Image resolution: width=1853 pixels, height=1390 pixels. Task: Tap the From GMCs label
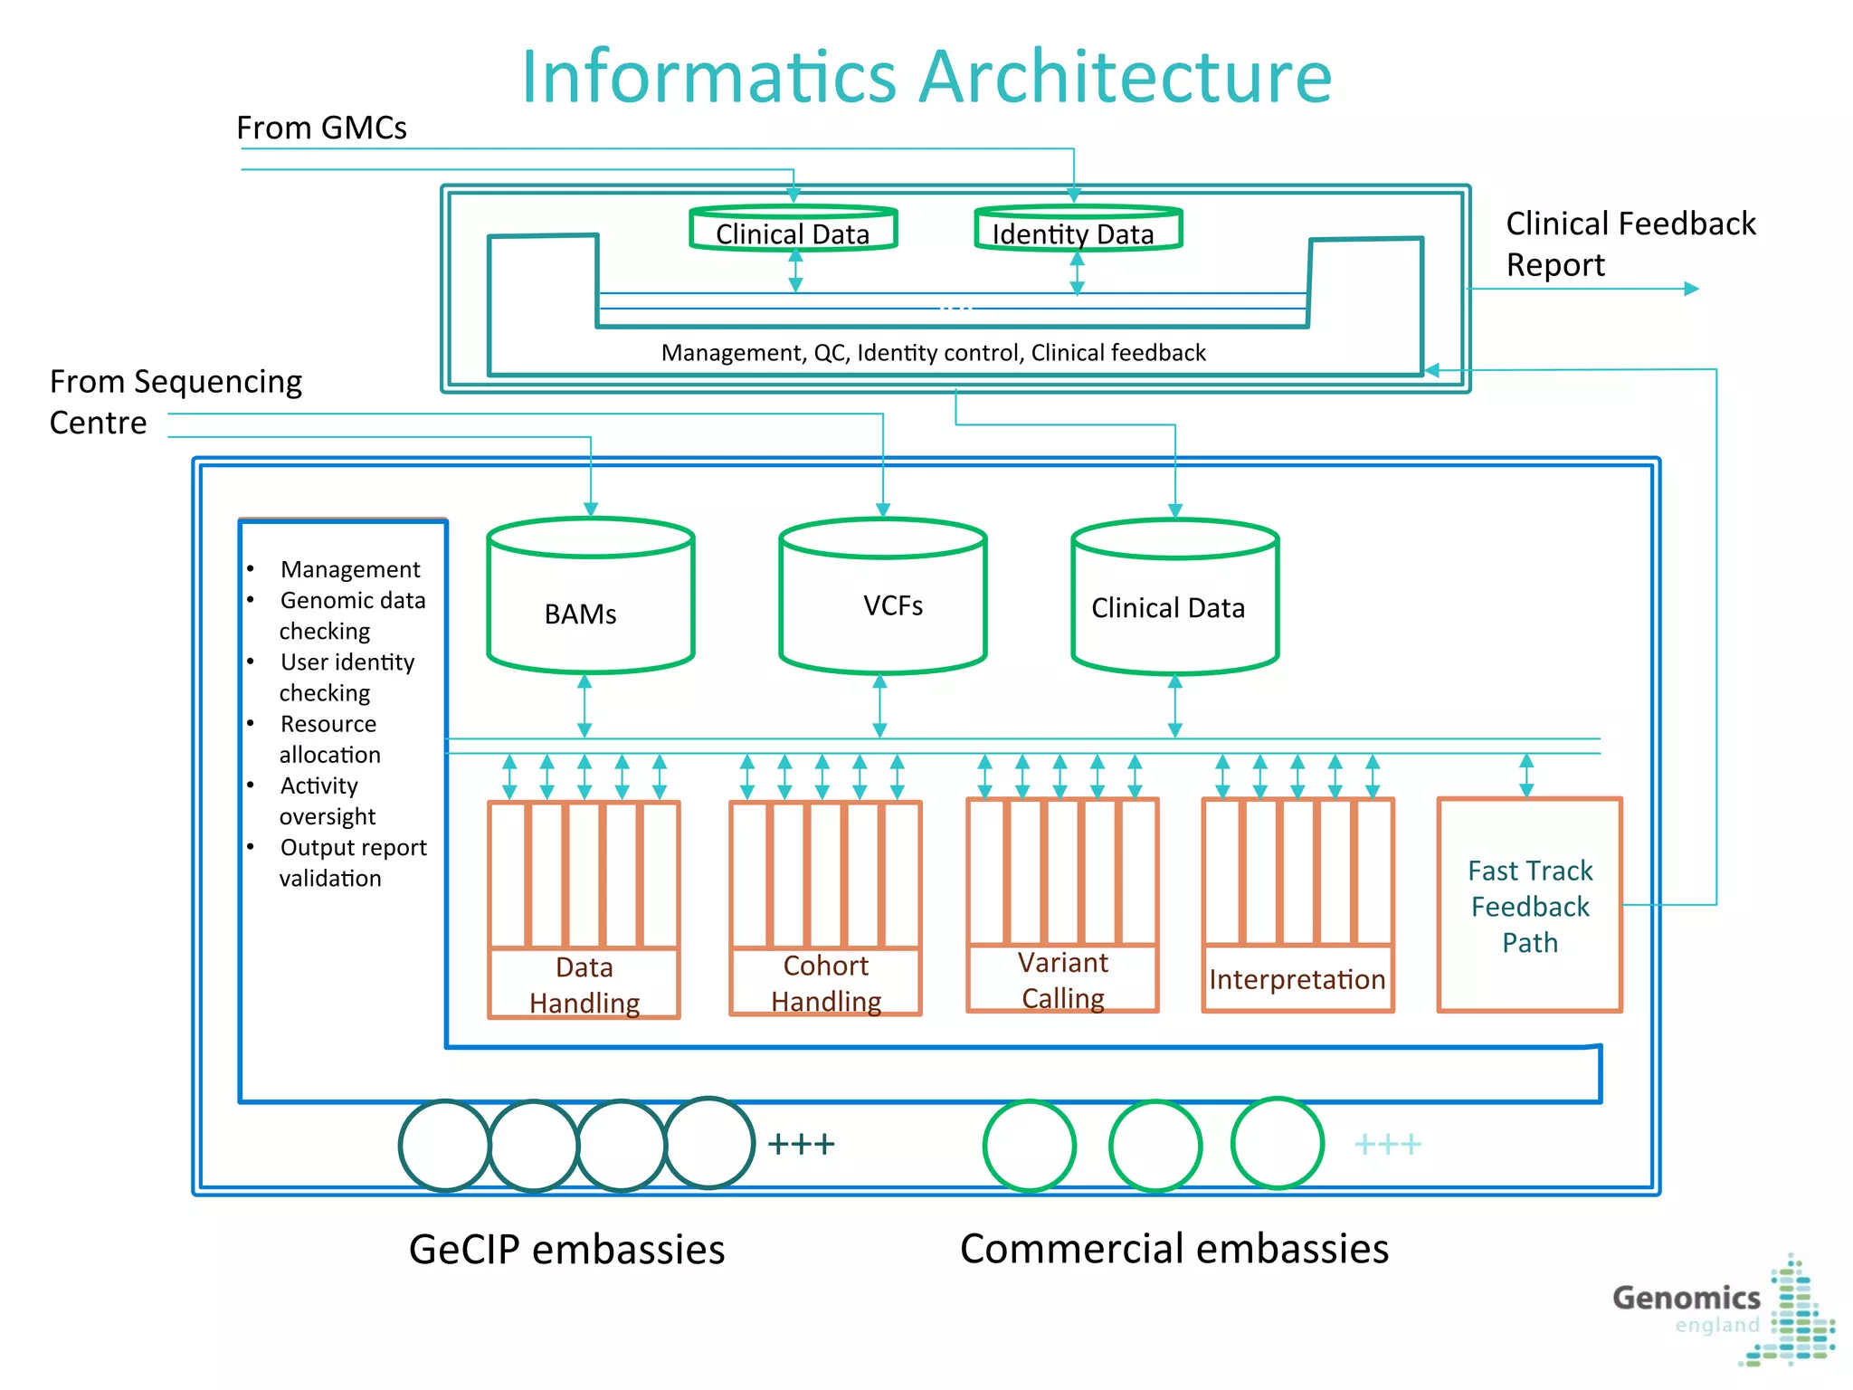pyautogui.click(x=321, y=129)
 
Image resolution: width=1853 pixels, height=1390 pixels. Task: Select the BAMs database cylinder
pyautogui.click(x=590, y=597)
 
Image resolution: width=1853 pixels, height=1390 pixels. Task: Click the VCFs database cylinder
pyautogui.click(x=882, y=597)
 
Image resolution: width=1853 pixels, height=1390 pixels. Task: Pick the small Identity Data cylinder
pyautogui.click(x=1077, y=229)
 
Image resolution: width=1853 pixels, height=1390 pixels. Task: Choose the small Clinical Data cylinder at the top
pyautogui.click(x=793, y=229)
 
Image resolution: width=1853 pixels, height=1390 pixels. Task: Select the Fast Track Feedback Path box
pyautogui.click(x=1529, y=905)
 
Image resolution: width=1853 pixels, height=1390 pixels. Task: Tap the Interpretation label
pyautogui.click(x=1297, y=979)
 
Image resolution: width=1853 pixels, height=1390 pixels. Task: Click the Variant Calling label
pyautogui.click(x=1062, y=980)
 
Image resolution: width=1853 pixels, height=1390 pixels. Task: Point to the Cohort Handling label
pyautogui.click(x=825, y=983)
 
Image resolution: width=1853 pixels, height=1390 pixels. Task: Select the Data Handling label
pyautogui.click(x=584, y=985)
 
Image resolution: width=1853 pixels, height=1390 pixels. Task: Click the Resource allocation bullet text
pyautogui.click(x=329, y=739)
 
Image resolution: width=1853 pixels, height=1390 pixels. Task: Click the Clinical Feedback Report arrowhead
pyautogui.click(x=1691, y=289)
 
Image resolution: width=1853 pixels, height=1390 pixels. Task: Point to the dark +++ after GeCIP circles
pyautogui.click(x=801, y=1144)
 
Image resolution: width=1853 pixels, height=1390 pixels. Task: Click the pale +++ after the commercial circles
pyautogui.click(x=1387, y=1145)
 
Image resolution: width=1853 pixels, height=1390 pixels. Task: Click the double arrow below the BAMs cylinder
pyautogui.click(x=584, y=706)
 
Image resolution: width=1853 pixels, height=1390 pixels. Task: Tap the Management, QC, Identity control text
pyautogui.click(x=933, y=353)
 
